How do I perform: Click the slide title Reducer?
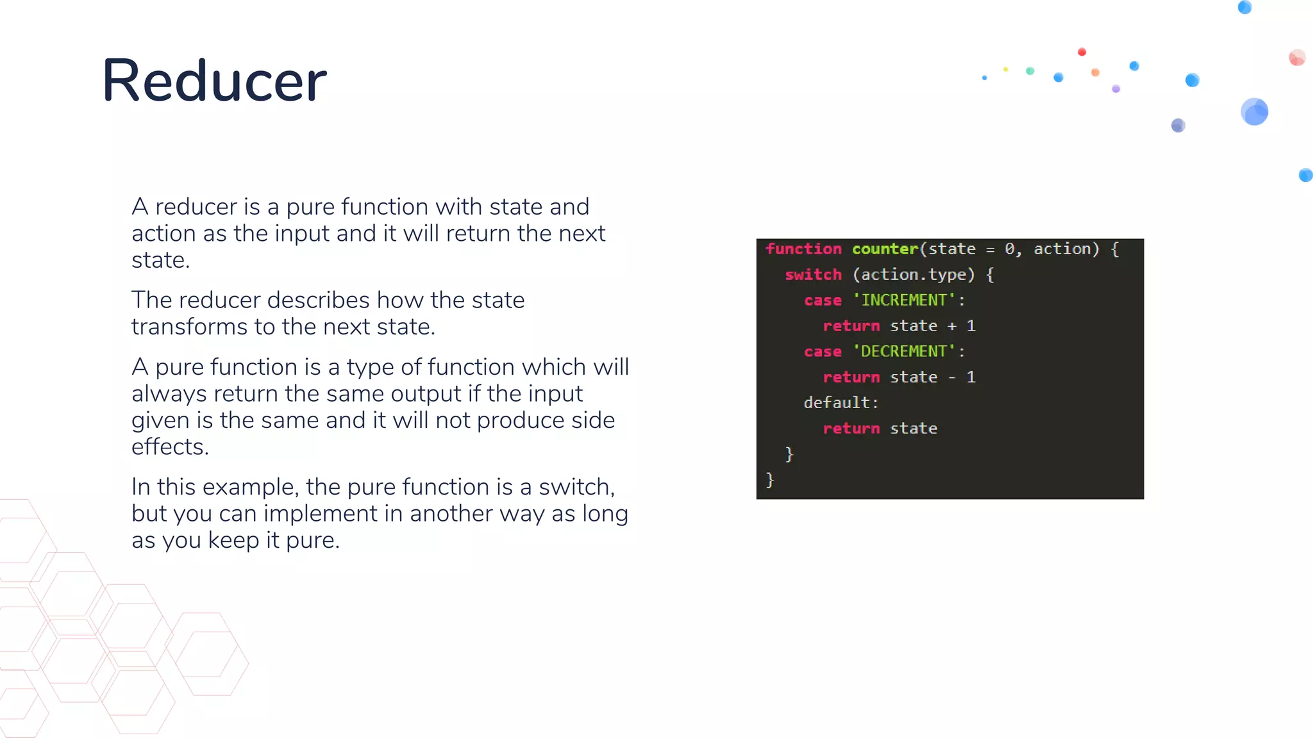[x=214, y=81]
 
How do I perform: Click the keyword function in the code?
[x=803, y=249]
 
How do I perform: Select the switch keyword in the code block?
[x=813, y=275]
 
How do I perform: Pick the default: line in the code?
[x=840, y=402]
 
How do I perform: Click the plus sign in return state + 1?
[x=952, y=326]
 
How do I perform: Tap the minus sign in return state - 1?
[x=952, y=377]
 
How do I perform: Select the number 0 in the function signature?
[x=1010, y=249]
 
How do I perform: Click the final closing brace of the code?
[x=770, y=479]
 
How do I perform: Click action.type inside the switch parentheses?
[x=913, y=275]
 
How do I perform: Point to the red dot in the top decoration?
[x=1082, y=52]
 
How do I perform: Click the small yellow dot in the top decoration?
[x=1006, y=69]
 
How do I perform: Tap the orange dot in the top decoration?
[x=1096, y=72]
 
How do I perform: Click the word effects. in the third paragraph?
[x=170, y=447]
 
